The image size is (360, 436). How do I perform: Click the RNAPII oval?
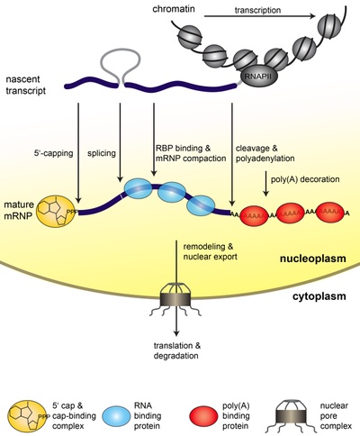click(257, 76)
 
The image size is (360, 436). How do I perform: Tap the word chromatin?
click(174, 9)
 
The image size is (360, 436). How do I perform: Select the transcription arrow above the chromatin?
click(260, 16)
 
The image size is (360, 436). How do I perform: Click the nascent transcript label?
click(26, 85)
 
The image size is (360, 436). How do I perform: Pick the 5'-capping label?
click(53, 153)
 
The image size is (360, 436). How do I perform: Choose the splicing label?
click(102, 153)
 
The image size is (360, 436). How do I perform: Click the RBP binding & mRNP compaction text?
click(191, 153)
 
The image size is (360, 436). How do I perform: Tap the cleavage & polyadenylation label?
click(265, 153)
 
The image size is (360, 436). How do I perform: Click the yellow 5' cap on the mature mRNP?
click(56, 212)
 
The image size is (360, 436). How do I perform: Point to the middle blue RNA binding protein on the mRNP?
click(172, 193)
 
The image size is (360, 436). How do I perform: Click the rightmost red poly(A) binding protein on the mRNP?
click(330, 213)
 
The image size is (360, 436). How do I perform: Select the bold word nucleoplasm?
click(312, 259)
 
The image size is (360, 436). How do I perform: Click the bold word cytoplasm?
click(319, 296)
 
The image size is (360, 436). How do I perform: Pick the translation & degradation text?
click(177, 350)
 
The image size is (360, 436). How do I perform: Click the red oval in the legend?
click(203, 416)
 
